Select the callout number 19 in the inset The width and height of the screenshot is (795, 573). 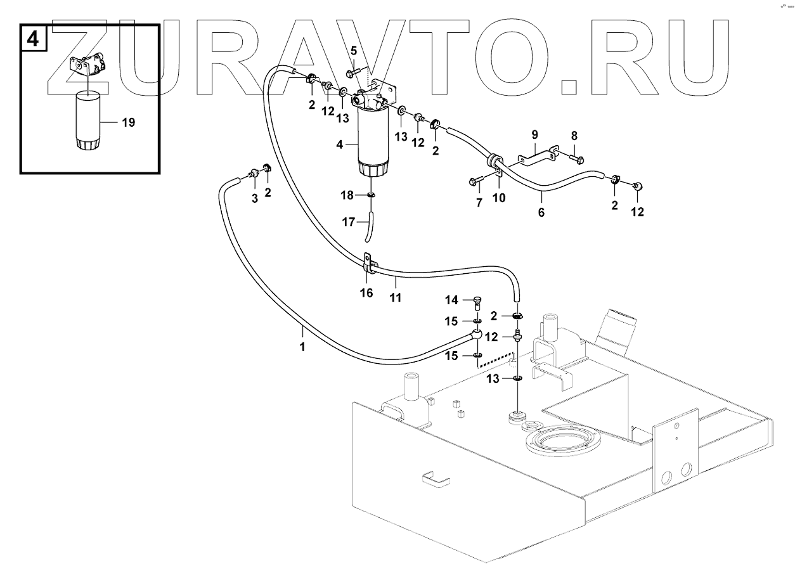tap(128, 123)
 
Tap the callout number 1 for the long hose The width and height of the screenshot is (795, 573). tap(302, 347)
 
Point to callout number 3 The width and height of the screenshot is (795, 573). tap(254, 198)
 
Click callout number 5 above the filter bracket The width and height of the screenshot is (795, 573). tap(354, 50)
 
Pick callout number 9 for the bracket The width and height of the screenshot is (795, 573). tap(534, 134)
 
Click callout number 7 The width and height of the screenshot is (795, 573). tap(479, 203)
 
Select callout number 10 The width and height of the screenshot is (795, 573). tap(500, 198)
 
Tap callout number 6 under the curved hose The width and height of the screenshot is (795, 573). tap(541, 213)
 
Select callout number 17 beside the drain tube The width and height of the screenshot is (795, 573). tap(349, 222)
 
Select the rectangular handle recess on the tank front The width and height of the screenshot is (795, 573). tap(434, 479)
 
